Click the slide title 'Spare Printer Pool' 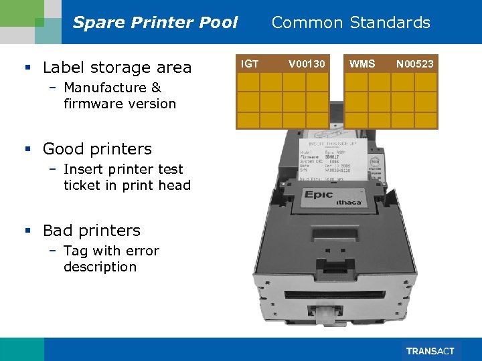[155, 23]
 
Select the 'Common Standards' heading [350, 23]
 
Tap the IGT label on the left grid [250, 64]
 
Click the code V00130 [307, 64]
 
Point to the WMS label [362, 64]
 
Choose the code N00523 [414, 64]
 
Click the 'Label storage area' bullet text [116, 68]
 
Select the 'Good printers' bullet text [97, 149]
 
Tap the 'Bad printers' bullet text [91, 231]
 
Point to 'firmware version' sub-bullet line [120, 104]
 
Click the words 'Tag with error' [111, 251]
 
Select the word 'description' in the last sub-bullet [100, 267]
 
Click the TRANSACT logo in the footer [429, 351]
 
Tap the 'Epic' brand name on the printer [324, 195]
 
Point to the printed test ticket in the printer [335, 160]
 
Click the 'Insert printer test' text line [123, 169]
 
